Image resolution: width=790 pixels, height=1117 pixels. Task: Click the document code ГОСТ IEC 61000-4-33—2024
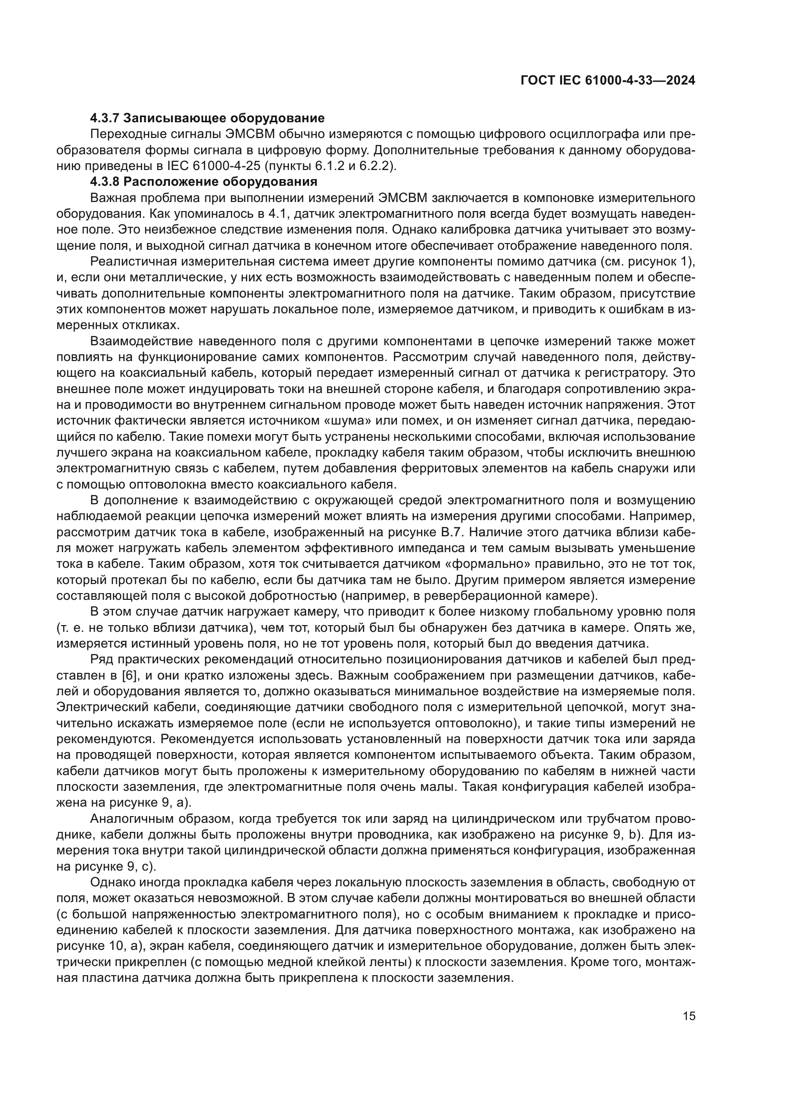[x=608, y=81]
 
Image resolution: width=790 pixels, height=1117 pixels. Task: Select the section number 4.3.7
[x=105, y=118]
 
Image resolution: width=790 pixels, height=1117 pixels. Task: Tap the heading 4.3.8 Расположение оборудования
[x=204, y=182]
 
